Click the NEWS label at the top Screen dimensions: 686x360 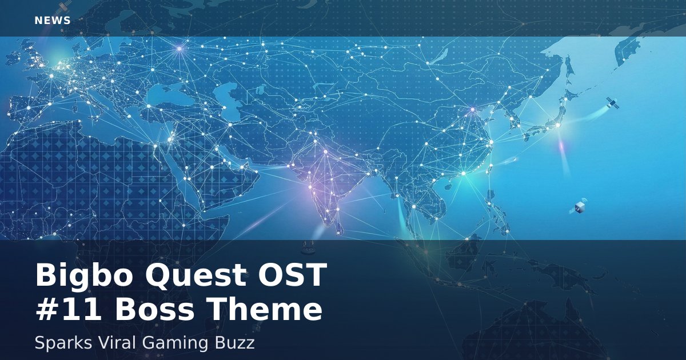pyautogui.click(x=53, y=21)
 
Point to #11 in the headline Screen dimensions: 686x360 pyautogui.click(x=69, y=309)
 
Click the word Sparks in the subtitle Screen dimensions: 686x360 pyautogui.click(x=63, y=343)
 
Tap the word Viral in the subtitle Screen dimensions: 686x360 pyautogui.click(x=117, y=342)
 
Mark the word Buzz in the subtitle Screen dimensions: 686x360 pyautogui.click(x=234, y=342)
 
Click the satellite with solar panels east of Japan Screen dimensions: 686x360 pyautogui.click(x=612, y=103)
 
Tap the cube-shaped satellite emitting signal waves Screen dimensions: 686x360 pyautogui.click(x=579, y=206)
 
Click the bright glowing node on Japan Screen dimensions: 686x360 pyautogui.click(x=558, y=125)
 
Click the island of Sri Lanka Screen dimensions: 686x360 pyautogui.click(x=339, y=228)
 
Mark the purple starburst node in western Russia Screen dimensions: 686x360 pyautogui.click(x=180, y=49)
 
